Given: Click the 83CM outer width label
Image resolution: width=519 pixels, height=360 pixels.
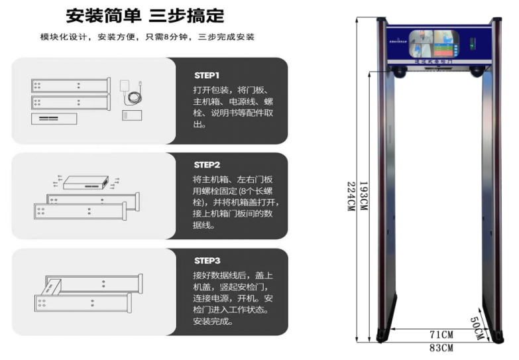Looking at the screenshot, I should pyautogui.click(x=441, y=347).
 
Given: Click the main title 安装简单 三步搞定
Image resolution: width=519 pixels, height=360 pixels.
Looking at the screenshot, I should pyautogui.click(x=144, y=15).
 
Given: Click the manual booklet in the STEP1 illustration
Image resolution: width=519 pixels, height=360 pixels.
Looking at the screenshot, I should pyautogui.click(x=133, y=115).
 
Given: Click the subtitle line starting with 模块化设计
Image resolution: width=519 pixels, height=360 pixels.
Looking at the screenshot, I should pyautogui.click(x=147, y=36).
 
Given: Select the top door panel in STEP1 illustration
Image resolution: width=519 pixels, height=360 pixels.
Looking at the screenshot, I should pyautogui.click(x=70, y=86).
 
